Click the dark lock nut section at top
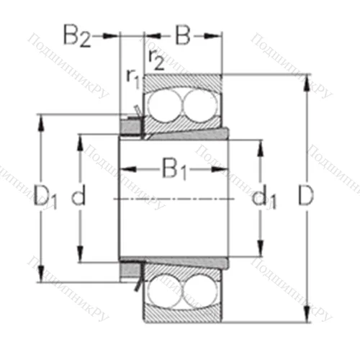(130, 127)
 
